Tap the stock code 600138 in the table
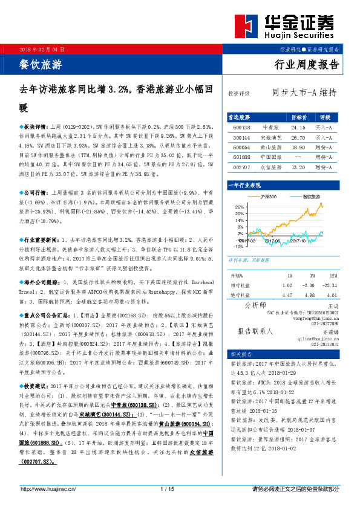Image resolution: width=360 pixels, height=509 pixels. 241,128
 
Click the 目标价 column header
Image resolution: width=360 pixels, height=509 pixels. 299,117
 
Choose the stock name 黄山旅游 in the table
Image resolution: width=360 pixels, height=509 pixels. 270,147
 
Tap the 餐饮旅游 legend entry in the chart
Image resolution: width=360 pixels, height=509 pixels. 309,196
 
